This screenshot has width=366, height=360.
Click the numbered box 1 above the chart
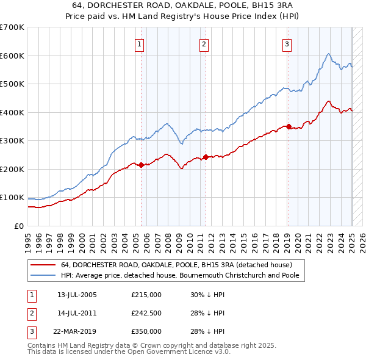(140, 44)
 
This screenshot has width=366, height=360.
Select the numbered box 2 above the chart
(204, 44)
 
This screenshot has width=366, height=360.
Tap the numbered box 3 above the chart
(287, 44)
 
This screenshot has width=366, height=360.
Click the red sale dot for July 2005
(141, 165)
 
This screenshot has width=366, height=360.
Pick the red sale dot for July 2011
(206, 157)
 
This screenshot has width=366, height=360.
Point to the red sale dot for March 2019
(289, 127)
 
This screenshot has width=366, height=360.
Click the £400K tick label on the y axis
(12, 112)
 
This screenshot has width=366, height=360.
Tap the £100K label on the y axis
(12, 198)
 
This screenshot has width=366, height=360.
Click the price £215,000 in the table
(146, 295)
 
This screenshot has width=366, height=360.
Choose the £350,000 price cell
(146, 331)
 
